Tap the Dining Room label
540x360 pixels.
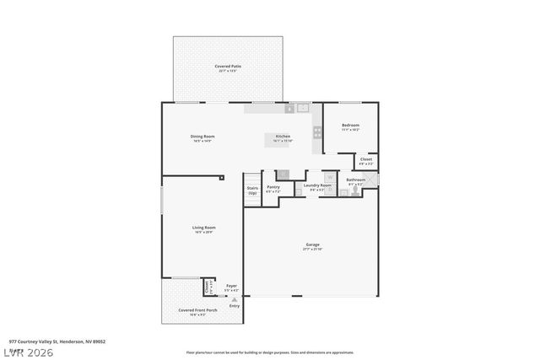click(202, 136)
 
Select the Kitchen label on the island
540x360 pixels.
click(283, 136)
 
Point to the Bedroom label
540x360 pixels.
click(350, 125)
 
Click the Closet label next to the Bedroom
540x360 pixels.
click(365, 159)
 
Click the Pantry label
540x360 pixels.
click(273, 186)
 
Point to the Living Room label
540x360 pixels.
click(204, 227)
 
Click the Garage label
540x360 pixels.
click(312, 244)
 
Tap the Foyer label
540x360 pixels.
click(231, 286)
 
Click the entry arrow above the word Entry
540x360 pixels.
click(234, 298)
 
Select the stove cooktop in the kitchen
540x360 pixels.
click(317, 132)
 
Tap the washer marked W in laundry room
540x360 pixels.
click(330, 177)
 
